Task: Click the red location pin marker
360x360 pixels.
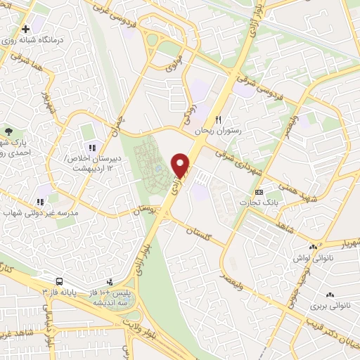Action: tap(181, 165)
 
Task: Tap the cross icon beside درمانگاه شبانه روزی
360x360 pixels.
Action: tap(26, 30)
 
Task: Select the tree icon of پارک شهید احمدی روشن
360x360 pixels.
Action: tap(8, 131)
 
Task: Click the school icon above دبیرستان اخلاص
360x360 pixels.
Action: tap(91, 146)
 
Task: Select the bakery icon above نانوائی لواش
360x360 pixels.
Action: tap(314, 247)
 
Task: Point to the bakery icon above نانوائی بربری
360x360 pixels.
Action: tap(330, 295)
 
